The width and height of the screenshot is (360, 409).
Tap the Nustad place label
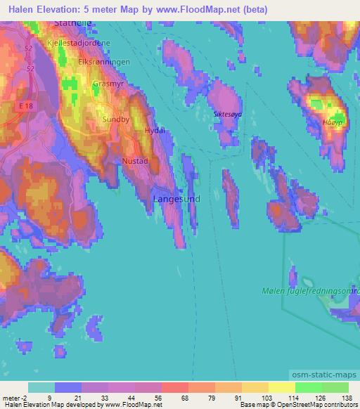coord(135,161)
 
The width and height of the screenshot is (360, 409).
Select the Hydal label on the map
coord(154,131)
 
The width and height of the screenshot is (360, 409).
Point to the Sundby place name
coord(116,119)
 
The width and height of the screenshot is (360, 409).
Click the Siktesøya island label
coord(228,112)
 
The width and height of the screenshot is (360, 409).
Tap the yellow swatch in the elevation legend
coord(281,387)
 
